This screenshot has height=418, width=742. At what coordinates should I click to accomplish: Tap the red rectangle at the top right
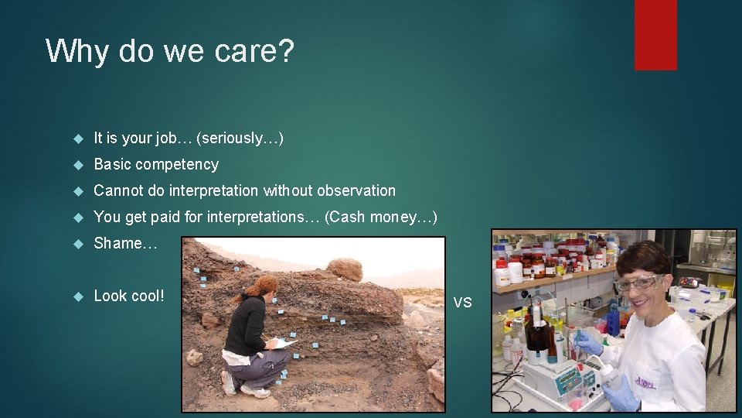click(655, 34)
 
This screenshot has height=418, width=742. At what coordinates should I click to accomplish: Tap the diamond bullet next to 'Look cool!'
click(77, 296)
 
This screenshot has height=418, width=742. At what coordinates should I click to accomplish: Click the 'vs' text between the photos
click(462, 302)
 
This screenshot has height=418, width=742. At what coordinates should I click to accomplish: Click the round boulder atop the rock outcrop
click(345, 269)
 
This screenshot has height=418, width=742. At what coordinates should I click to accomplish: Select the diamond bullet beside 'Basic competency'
click(77, 165)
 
